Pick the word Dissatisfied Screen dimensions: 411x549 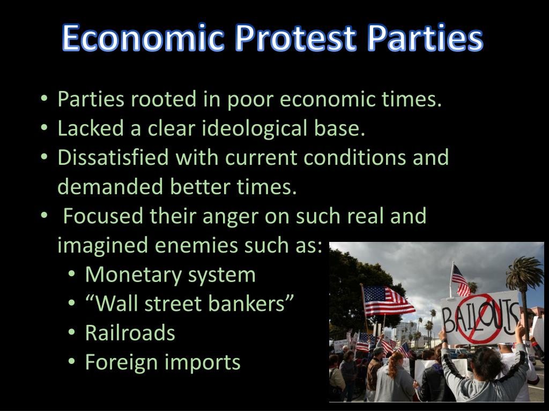tap(118, 158)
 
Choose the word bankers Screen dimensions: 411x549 tap(257, 304)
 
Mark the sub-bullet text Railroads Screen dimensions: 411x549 tap(130, 333)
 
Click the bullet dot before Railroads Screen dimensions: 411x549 tap(71, 333)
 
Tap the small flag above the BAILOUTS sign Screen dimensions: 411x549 tap(459, 279)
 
